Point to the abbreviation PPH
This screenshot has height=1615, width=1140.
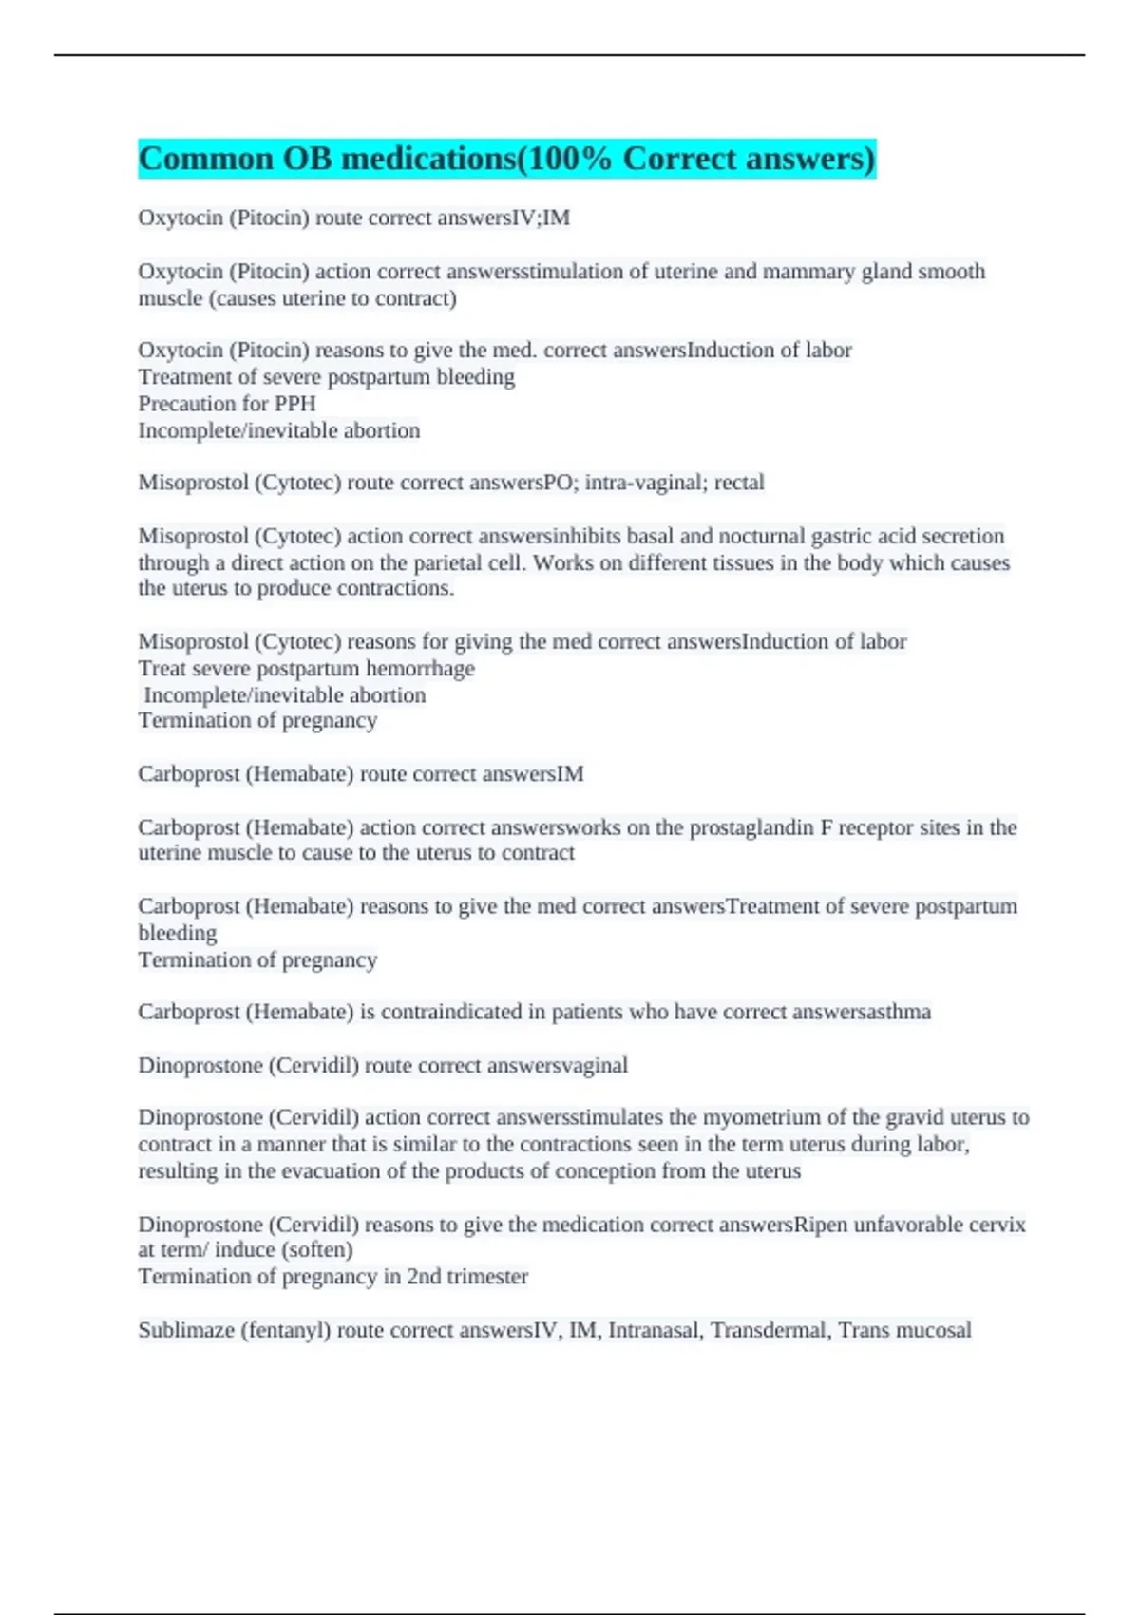(294, 404)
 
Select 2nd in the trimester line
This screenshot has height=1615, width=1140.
(423, 1277)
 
